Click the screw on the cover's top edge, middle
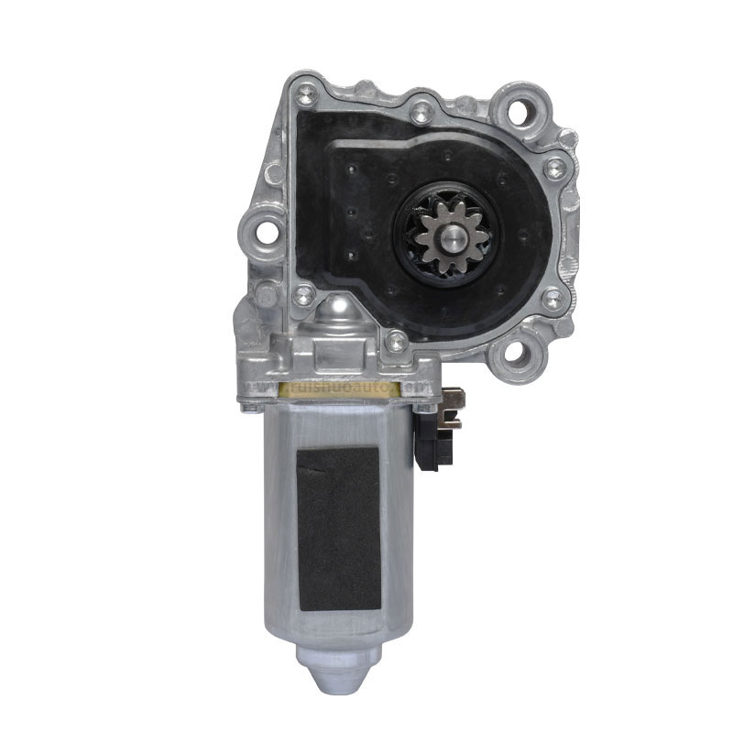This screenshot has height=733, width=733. (x=420, y=113)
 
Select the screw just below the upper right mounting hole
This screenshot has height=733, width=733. (x=553, y=168)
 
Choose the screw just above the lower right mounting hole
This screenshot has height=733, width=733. (x=551, y=299)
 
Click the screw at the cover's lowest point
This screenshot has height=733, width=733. (x=396, y=342)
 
